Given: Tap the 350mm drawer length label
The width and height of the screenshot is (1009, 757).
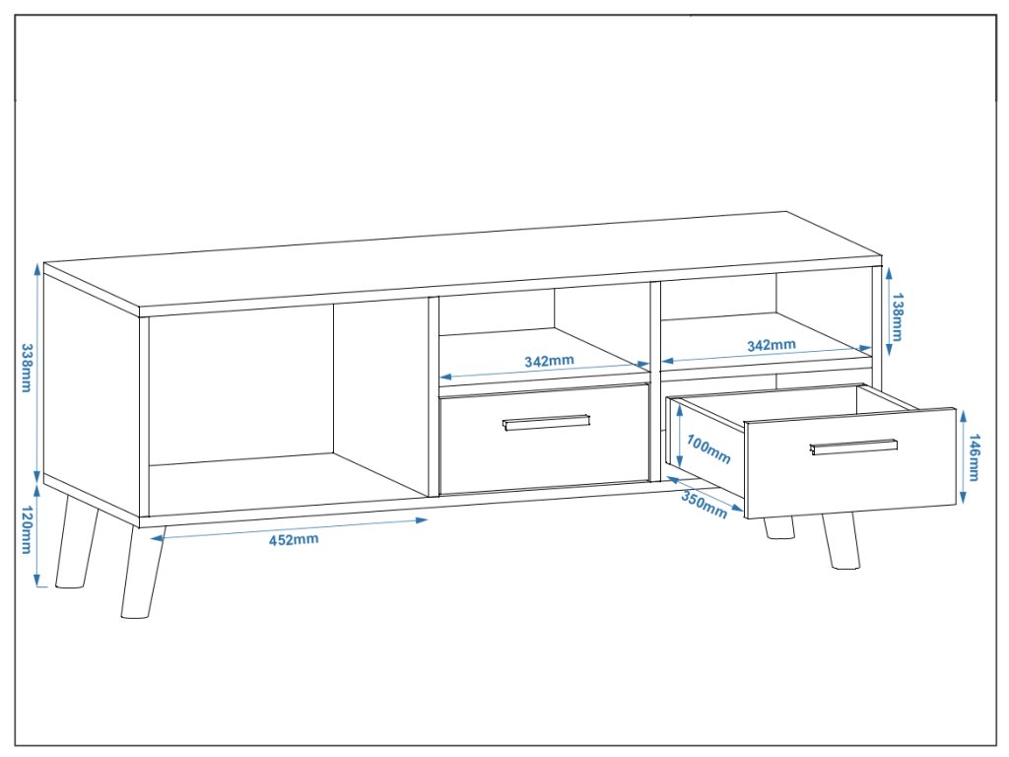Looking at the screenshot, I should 704,504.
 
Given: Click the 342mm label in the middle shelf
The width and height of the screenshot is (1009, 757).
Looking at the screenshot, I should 549,361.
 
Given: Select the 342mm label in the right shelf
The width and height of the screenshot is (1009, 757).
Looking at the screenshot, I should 772,345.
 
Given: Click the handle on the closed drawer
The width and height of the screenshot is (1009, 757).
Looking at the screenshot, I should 546,422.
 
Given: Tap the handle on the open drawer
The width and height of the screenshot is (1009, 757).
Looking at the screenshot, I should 853,447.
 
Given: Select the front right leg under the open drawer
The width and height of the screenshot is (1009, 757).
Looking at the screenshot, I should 840,541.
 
